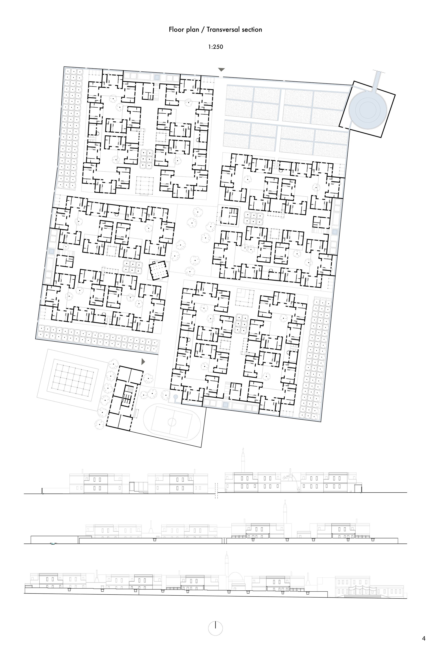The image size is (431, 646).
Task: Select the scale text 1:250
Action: point(215,47)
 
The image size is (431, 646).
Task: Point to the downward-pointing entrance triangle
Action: point(221,70)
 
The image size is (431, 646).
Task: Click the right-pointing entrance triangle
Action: point(143,362)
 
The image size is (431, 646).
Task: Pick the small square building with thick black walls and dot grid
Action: point(158,270)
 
